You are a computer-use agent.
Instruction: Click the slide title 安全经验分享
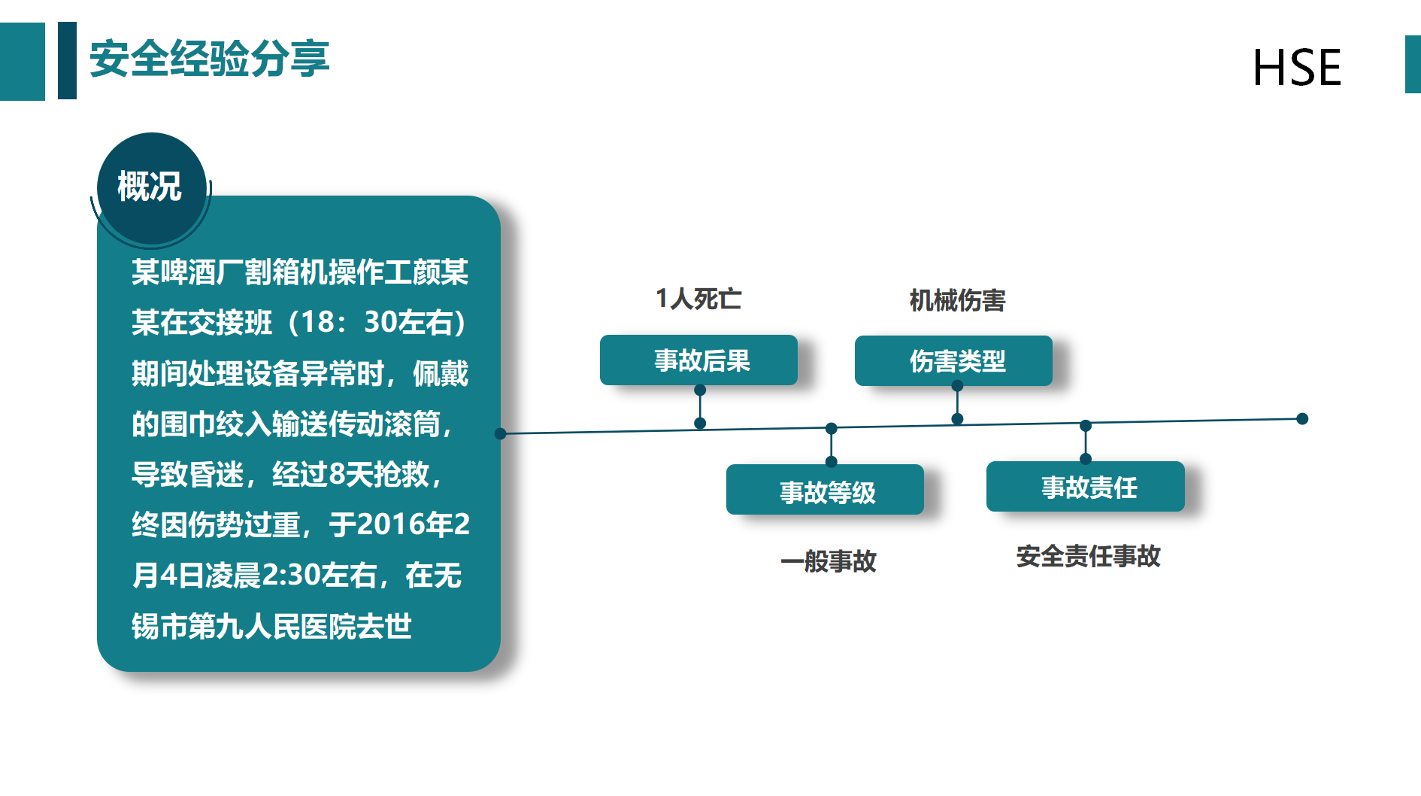[x=209, y=59]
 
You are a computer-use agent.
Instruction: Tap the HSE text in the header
[x=1297, y=68]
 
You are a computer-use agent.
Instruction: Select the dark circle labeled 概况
[x=151, y=187]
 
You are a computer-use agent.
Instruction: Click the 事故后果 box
[x=698, y=360]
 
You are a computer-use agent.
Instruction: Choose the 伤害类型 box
[x=953, y=361]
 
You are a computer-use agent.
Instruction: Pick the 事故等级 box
[x=825, y=490]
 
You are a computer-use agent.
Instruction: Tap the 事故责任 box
[x=1086, y=487]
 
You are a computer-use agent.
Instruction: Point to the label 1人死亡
[x=698, y=299]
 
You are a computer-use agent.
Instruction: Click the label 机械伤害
[x=957, y=300]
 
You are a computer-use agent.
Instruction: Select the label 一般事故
[x=828, y=561]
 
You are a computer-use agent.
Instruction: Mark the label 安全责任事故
[x=1088, y=556]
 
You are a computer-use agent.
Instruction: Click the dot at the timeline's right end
[x=1302, y=419]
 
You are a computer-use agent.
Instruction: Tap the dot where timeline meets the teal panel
[x=500, y=433]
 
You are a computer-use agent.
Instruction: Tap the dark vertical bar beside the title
[x=67, y=60]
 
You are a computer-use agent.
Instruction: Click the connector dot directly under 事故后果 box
[x=700, y=390]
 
